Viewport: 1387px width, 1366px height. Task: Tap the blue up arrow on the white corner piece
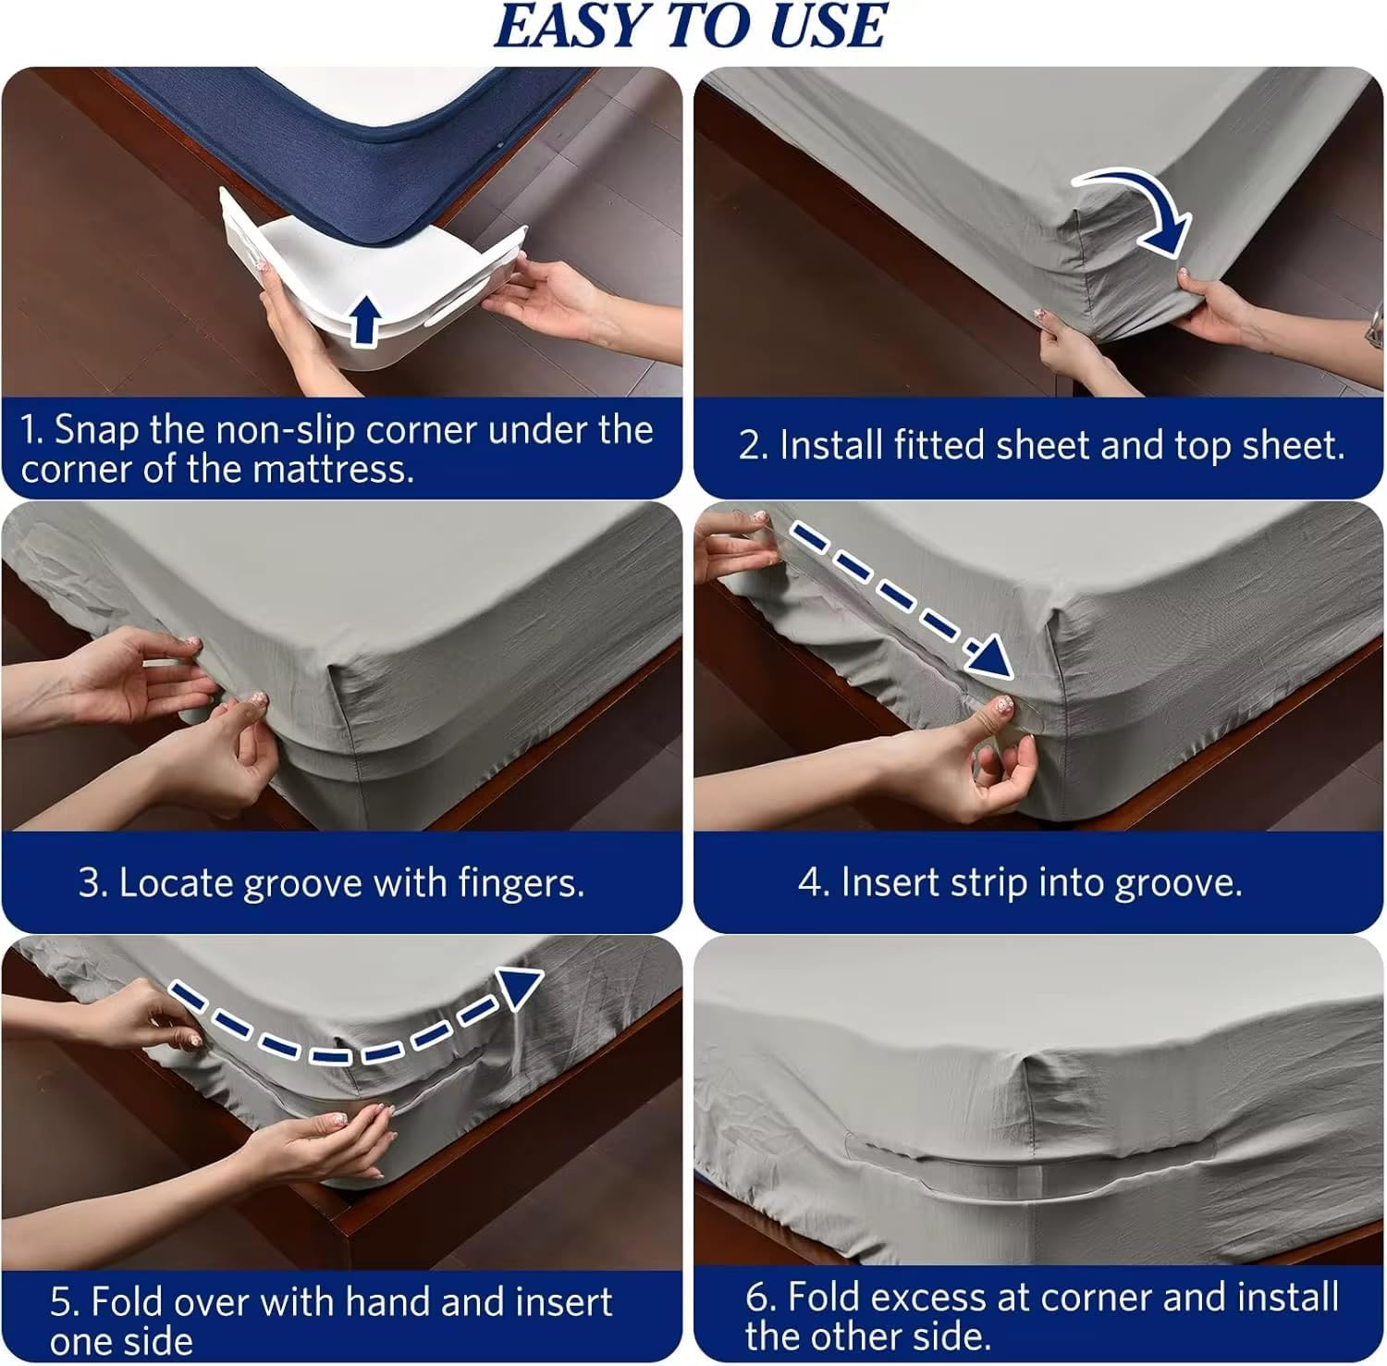tap(366, 319)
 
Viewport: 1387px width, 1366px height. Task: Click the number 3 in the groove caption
tap(90, 883)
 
